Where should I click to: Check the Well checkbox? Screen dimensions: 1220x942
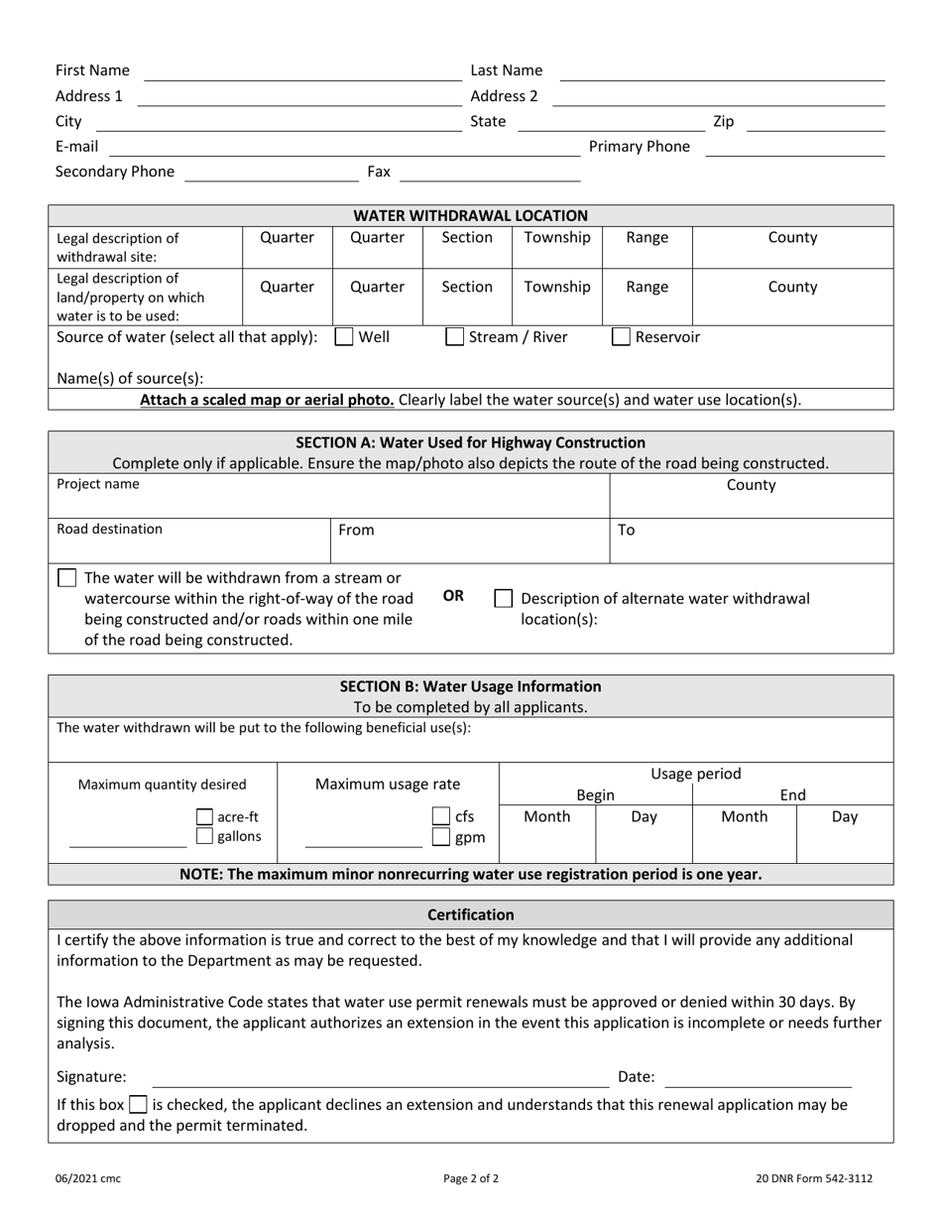(x=344, y=337)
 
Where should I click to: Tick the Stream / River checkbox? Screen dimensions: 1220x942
(x=454, y=337)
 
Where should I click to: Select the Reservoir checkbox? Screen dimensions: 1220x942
(x=621, y=337)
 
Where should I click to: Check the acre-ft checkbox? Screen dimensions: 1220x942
(x=204, y=817)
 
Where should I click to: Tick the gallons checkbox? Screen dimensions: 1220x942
(x=204, y=836)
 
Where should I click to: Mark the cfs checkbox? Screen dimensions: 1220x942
(x=441, y=817)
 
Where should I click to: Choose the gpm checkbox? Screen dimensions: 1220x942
(x=441, y=837)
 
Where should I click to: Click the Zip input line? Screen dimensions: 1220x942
(x=814, y=123)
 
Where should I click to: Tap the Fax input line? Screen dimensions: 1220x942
(x=489, y=174)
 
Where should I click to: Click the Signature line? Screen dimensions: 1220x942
(x=380, y=1078)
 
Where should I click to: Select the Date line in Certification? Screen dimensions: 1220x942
(x=765, y=1078)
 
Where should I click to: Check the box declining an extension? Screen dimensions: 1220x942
(x=139, y=1104)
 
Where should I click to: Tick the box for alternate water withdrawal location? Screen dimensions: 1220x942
(x=504, y=598)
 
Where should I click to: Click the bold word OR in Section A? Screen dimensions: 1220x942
(x=453, y=595)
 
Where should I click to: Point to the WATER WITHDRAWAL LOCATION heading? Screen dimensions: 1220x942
(x=470, y=215)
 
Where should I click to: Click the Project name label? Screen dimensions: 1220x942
(x=98, y=485)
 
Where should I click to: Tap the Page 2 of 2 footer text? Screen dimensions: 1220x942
(x=471, y=1179)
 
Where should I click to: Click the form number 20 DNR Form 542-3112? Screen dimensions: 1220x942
(x=814, y=1179)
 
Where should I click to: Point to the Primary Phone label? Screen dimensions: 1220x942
(x=639, y=147)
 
